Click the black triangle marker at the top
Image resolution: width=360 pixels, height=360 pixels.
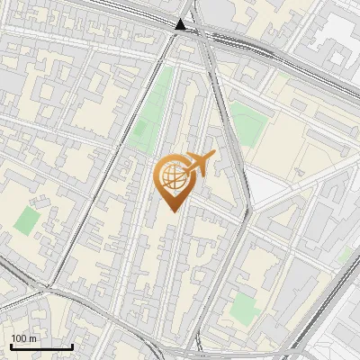[183, 24]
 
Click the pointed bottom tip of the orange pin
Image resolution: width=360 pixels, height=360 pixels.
[170, 211]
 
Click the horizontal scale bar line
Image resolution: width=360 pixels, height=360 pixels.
[41, 346]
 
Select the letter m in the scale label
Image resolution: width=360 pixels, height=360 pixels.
[33, 338]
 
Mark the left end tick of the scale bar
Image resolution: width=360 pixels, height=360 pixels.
[11, 345]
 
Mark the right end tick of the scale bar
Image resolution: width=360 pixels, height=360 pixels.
[72, 345]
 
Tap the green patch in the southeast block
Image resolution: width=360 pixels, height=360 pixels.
[242, 309]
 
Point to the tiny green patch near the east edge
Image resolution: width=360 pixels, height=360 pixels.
[343, 256]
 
